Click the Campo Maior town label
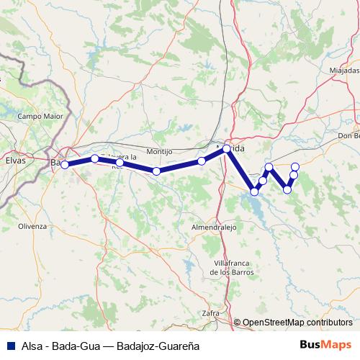40,115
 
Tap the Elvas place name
15,161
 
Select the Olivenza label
32,225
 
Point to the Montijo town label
159,152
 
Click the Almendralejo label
215,227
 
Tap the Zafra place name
210,313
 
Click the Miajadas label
343,71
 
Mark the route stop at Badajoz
65,164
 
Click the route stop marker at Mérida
226,149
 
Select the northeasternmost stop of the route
295,167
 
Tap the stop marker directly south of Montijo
156,171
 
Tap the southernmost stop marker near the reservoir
254,192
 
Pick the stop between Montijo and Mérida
202,161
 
